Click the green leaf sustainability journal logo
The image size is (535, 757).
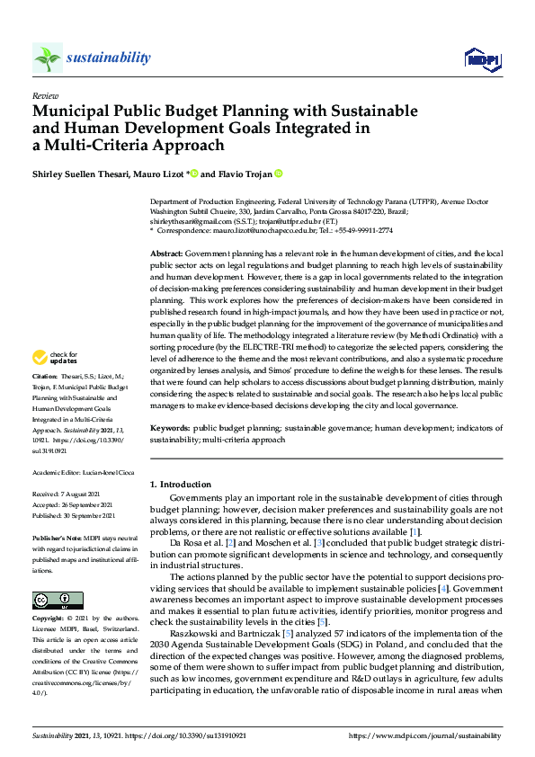[48, 58]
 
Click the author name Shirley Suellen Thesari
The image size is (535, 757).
[81, 174]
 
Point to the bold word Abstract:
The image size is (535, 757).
[167, 254]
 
